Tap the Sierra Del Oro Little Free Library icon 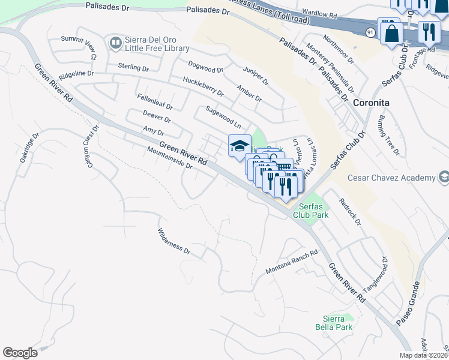115,43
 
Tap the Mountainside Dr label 169,160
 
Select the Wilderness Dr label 173,241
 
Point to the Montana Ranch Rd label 291,263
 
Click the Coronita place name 371,103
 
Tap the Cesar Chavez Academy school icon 444,178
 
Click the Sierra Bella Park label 333,323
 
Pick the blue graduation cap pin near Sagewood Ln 240,146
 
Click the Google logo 20,352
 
